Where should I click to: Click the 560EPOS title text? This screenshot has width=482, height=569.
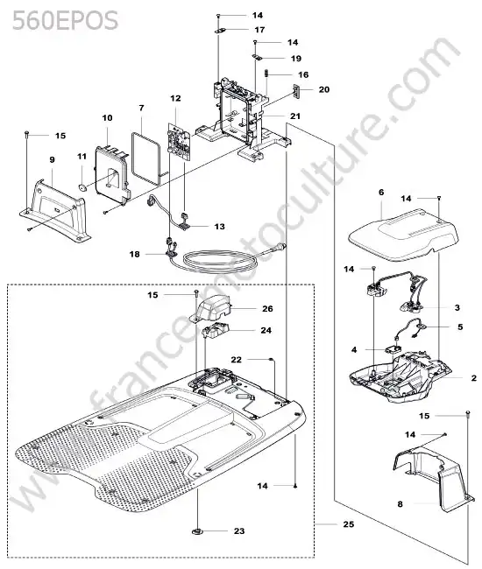[x=65, y=20]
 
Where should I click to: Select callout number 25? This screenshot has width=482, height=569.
[x=348, y=524]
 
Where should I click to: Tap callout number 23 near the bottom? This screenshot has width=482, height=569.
[x=239, y=530]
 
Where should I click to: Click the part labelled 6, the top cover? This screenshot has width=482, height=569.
[x=403, y=234]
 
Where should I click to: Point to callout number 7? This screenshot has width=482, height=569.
[x=141, y=108]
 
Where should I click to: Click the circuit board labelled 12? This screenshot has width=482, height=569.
[x=179, y=142]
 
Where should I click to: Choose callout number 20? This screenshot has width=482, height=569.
[x=324, y=89]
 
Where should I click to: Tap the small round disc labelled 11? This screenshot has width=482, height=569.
[x=82, y=187]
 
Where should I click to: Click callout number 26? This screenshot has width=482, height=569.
[x=267, y=308]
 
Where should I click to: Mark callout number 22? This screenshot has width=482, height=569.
[x=236, y=360]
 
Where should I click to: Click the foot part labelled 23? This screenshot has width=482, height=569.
[x=197, y=531]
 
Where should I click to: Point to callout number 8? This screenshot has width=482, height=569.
[x=400, y=504]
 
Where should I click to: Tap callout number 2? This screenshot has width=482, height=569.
[x=473, y=378]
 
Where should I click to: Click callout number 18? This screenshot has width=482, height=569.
[x=134, y=254]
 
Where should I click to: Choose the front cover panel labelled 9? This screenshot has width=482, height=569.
[x=54, y=210]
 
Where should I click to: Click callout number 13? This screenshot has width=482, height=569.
[x=219, y=227]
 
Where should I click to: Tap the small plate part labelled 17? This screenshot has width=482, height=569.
[x=220, y=31]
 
